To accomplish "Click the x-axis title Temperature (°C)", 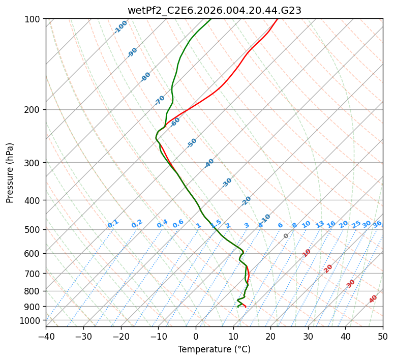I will [214, 350].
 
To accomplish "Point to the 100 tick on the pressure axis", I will [34, 19].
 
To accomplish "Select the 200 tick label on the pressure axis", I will [34, 109].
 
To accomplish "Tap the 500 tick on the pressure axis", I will [34, 229].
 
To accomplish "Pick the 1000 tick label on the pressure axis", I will [32, 320].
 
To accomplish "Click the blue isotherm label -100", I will [120, 27].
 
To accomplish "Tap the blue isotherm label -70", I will [160, 100].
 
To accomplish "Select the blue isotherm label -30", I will [227, 183].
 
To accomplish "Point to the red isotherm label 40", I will [373, 299].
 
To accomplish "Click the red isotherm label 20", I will [328, 268].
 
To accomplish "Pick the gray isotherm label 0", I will [286, 236].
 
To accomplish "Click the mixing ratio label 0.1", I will [113, 224].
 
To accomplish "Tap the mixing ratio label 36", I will [377, 224].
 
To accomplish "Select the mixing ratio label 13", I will [320, 224].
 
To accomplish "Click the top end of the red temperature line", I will [278, 19].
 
